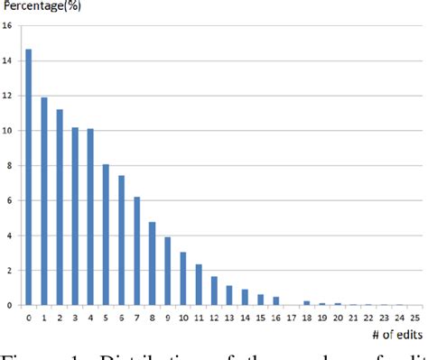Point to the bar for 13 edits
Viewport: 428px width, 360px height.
pos(229,295)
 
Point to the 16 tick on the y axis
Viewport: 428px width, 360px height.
pos(7,25)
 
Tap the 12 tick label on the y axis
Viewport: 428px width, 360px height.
pos(7,96)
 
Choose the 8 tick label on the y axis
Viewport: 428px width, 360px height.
pos(9,166)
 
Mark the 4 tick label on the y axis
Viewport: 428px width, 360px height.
pos(9,235)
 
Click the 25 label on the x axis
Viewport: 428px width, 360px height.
pos(414,318)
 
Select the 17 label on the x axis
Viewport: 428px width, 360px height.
pos(291,318)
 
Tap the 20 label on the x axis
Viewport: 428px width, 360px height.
pos(338,318)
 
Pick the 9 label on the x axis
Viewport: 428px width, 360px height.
pos(167,318)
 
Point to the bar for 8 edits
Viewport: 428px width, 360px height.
pos(152,263)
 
